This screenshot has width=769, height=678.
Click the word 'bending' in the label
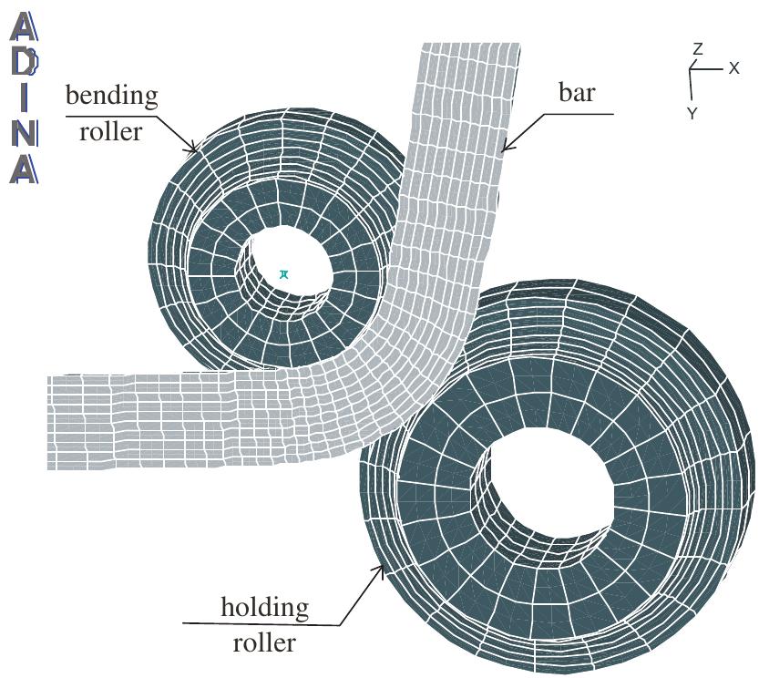coord(111,96)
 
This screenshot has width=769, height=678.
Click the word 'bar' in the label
coord(576,93)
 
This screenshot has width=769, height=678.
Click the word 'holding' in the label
coord(265,607)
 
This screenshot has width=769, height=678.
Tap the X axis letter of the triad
coord(734,68)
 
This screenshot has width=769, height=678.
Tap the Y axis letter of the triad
coord(692,113)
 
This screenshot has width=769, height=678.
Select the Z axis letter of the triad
coord(697,48)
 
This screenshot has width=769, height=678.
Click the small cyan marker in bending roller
coord(284,273)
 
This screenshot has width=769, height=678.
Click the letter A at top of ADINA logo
coord(25,27)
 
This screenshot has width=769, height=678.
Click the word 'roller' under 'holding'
coord(264,643)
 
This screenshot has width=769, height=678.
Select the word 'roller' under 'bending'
coord(111,131)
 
